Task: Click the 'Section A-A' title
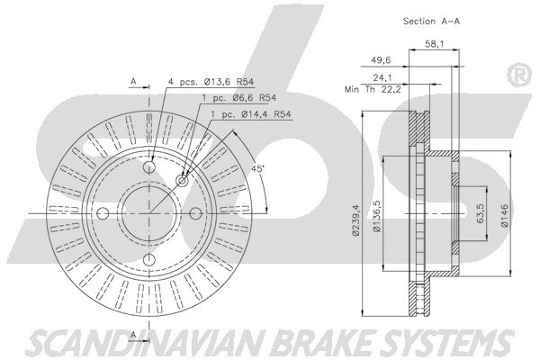point(431,21)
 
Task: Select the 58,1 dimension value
point(434,44)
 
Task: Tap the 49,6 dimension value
point(381,60)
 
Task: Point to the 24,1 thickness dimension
point(382,77)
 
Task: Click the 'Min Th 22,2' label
point(373,90)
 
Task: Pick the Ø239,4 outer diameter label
point(355,220)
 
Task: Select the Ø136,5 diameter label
point(377,216)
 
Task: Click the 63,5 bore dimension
point(481,213)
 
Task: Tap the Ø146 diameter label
point(504,215)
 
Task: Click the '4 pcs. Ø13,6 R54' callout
point(211,82)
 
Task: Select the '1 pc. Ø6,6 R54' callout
point(239,98)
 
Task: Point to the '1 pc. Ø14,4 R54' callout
point(251,114)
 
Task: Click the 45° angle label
point(257,169)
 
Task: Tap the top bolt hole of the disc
point(149,167)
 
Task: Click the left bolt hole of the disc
point(103,213)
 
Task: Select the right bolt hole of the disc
point(195,213)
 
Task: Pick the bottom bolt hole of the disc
point(149,260)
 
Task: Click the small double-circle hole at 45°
point(182,181)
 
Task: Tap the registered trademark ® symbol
point(519,75)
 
